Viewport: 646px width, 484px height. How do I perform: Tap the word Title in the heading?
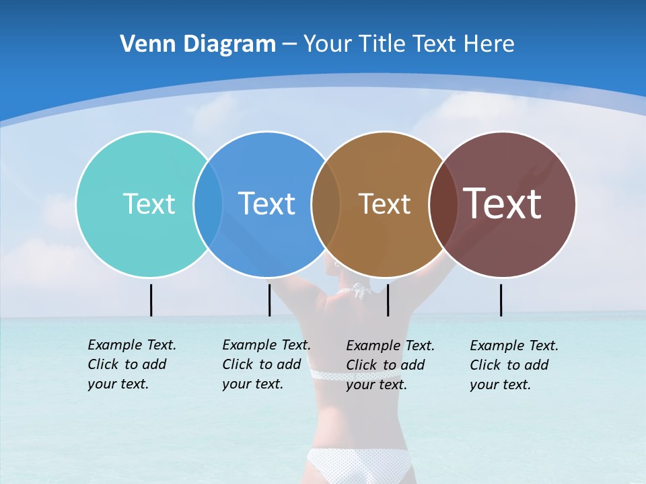[x=382, y=44]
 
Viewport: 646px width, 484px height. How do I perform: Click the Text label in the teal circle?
[x=149, y=204]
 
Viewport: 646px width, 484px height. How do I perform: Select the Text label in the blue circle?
[x=267, y=204]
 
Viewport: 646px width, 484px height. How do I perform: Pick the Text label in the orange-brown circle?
[x=384, y=204]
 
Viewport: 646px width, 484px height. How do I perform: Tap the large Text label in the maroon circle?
[x=503, y=204]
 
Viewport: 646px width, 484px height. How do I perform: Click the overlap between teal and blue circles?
[x=208, y=204]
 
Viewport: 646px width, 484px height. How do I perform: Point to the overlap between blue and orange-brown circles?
[x=326, y=204]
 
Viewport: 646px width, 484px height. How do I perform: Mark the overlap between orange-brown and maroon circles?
[x=442, y=204]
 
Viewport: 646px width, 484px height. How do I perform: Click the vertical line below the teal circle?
[x=151, y=300]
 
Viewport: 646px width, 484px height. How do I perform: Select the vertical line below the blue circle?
[x=269, y=300]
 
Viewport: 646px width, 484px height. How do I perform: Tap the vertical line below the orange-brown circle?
[x=388, y=300]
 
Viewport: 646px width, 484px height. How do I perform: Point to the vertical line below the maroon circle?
[x=501, y=300]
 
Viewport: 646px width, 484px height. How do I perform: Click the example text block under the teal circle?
[x=131, y=364]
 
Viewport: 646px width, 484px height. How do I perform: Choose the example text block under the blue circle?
[x=266, y=364]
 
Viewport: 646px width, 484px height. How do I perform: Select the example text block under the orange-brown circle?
[x=390, y=365]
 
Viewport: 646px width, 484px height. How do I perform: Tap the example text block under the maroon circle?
[x=513, y=365]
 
